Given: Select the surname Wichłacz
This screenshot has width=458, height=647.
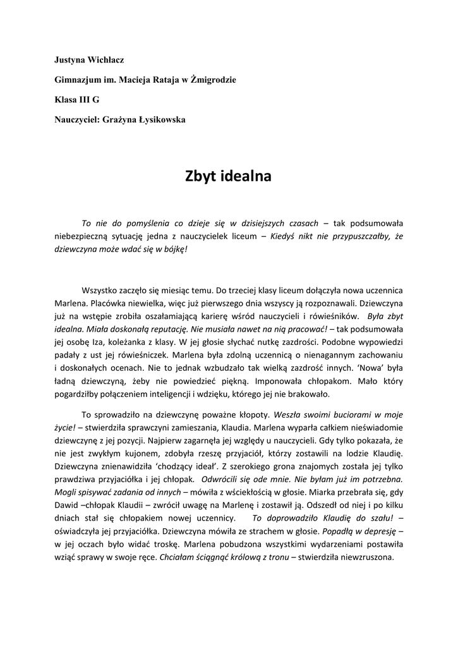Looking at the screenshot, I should tap(107, 60).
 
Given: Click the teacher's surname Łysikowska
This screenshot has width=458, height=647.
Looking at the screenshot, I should tap(157, 119).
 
